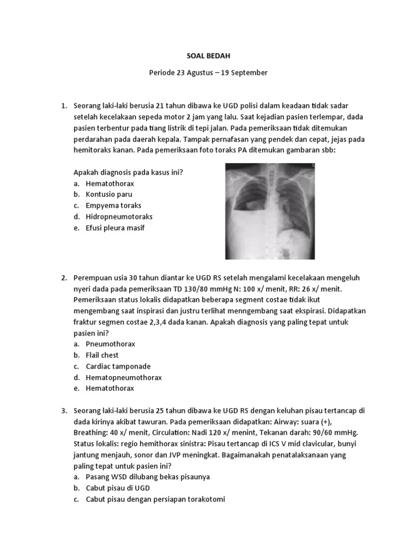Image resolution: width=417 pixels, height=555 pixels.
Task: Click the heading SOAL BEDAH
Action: [x=207, y=55]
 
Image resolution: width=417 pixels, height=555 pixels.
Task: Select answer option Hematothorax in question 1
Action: [x=110, y=184]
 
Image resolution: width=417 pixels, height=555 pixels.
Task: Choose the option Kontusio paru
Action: [x=109, y=195]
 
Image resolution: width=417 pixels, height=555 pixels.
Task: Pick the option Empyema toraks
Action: [x=113, y=206]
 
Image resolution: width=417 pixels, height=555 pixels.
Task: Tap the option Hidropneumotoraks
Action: [x=119, y=217]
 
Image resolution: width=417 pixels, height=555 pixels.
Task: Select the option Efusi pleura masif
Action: [x=115, y=228]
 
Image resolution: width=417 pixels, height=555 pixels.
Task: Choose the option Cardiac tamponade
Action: [x=118, y=366]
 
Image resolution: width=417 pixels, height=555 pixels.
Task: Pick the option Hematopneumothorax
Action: [x=123, y=377]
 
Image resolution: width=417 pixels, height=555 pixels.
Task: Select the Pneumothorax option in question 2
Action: [x=110, y=344]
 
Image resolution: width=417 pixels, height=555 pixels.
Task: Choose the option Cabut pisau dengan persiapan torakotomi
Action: [x=155, y=499]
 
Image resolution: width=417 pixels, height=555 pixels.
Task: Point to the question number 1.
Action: [x=63, y=105]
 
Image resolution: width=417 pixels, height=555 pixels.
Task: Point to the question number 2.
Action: [x=63, y=277]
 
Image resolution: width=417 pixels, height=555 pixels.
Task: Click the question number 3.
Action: [x=63, y=410]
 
